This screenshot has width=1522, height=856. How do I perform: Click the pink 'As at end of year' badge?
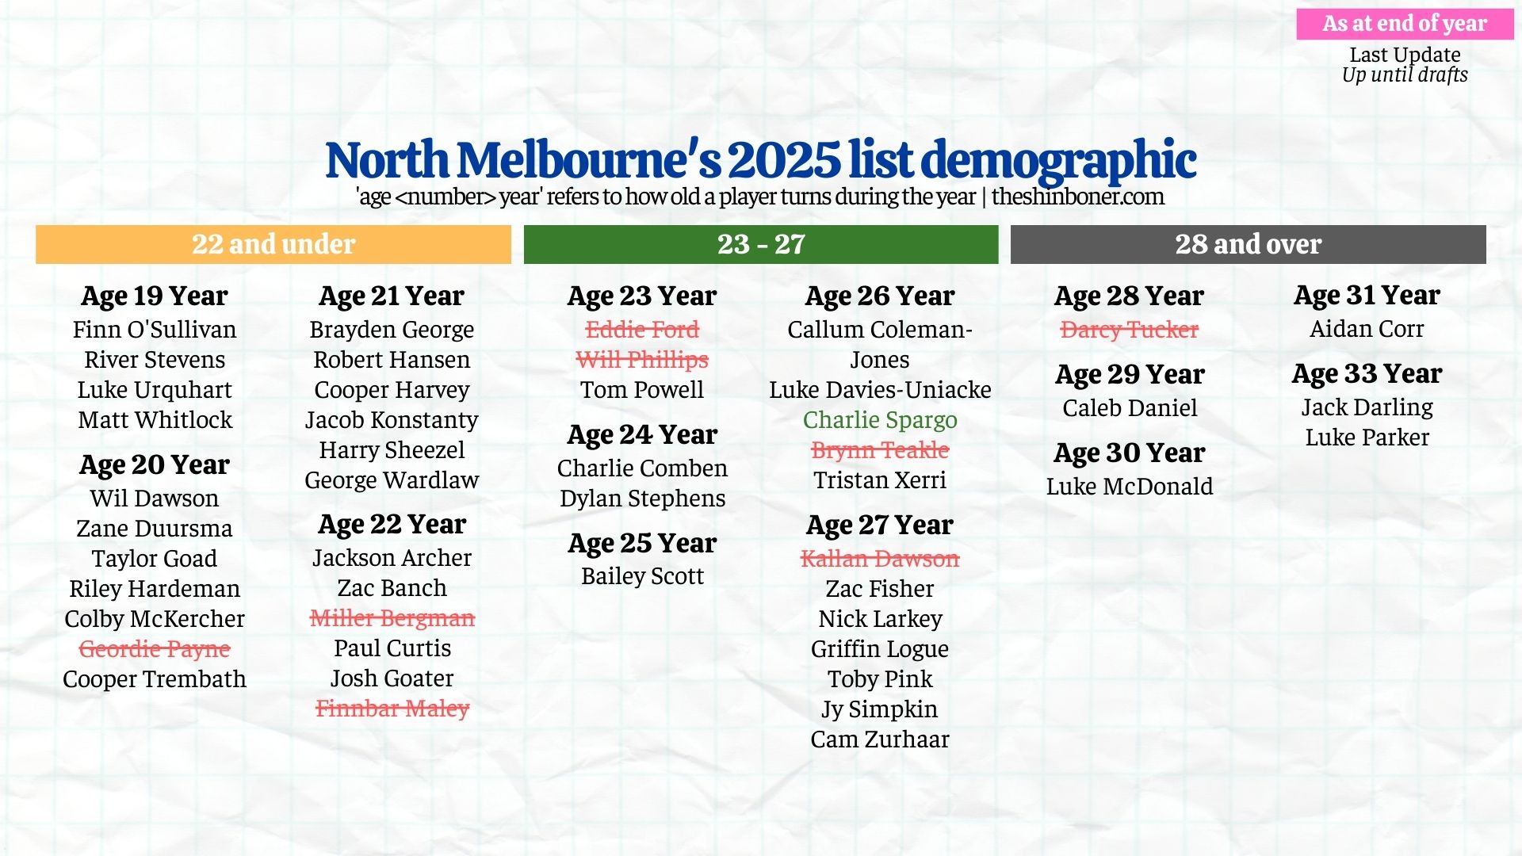[1405, 24]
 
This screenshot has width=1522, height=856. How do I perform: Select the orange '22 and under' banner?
[273, 244]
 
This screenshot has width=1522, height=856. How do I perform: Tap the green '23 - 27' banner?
[761, 244]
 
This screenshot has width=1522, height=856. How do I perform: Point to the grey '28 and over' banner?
[1248, 244]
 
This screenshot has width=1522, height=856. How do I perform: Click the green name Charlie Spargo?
[880, 420]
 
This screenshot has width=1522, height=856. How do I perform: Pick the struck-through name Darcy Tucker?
[1129, 330]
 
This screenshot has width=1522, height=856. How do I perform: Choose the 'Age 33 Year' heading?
[1367, 373]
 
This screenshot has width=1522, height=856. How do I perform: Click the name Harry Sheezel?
[392, 450]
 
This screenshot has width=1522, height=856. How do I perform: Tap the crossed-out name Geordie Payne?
[155, 649]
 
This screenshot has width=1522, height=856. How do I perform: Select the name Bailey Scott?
[642, 576]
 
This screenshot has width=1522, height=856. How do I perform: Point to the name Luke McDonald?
[1129, 487]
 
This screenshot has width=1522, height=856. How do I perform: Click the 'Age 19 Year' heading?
[155, 296]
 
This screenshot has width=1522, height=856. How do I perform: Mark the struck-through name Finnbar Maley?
[392, 709]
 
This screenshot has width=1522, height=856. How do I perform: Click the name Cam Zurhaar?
[880, 739]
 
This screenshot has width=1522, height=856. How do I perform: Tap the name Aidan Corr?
[1367, 329]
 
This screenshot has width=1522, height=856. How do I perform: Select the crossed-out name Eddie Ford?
[642, 330]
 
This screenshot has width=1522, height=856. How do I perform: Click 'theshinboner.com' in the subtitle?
[1077, 197]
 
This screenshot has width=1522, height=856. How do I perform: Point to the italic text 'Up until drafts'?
[1405, 75]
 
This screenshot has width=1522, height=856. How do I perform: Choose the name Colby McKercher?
[155, 619]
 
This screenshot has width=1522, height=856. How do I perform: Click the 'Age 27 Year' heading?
[880, 525]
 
